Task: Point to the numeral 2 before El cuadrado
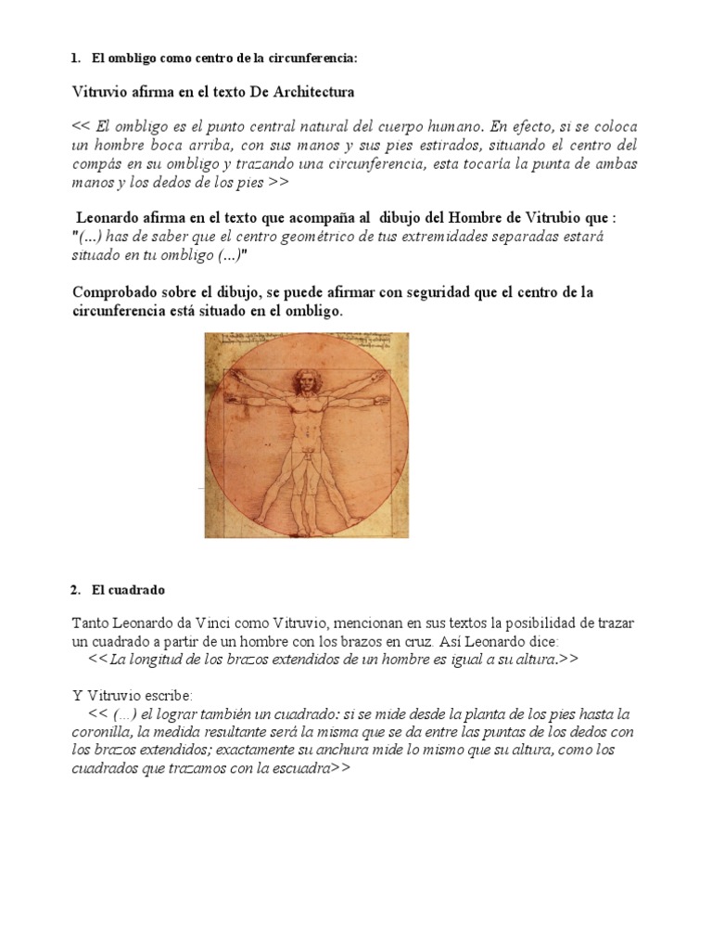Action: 74,589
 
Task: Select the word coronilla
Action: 103,732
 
